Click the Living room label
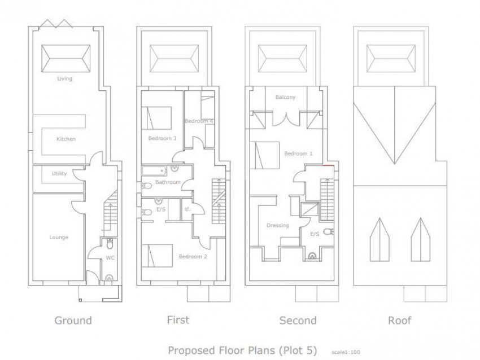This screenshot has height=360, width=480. pos(64,78)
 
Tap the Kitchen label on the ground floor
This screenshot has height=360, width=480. pos(66,139)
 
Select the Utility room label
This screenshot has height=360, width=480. pos(59,173)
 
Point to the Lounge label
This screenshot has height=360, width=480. pos(59,238)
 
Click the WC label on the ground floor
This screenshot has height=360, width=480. pos(110,258)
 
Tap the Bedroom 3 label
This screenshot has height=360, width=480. pos(162,138)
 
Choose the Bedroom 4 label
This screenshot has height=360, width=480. pos(199,121)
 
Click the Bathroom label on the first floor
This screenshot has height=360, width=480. pos(168,182)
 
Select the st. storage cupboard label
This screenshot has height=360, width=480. pos(187,209)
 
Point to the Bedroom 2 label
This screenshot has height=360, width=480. pos(193,256)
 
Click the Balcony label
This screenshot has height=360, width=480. pos(285,97)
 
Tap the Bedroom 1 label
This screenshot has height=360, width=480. pos(298,153)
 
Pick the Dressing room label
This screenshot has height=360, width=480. pos(278,225)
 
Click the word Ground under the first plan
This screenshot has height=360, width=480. pos(73,321)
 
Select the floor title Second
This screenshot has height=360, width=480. pos(298,321)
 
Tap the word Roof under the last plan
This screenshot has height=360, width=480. pos(399,321)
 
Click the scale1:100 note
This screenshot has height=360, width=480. pos(346,352)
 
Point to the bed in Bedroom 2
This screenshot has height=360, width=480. pos(157,256)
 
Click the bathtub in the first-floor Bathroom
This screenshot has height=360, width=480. pos(154,171)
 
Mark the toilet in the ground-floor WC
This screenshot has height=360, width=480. pos(110,244)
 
